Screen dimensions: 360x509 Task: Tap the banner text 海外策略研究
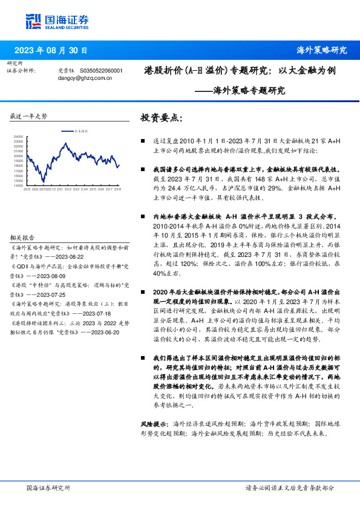(321, 50)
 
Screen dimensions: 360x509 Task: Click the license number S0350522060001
(102, 71)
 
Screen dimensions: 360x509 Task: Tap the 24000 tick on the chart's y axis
(18, 137)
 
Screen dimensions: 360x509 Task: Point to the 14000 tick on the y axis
(18, 186)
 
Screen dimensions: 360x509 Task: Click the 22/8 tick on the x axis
(27, 189)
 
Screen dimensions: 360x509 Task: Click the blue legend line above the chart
(67, 130)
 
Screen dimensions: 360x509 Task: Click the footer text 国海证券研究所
(49, 487)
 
